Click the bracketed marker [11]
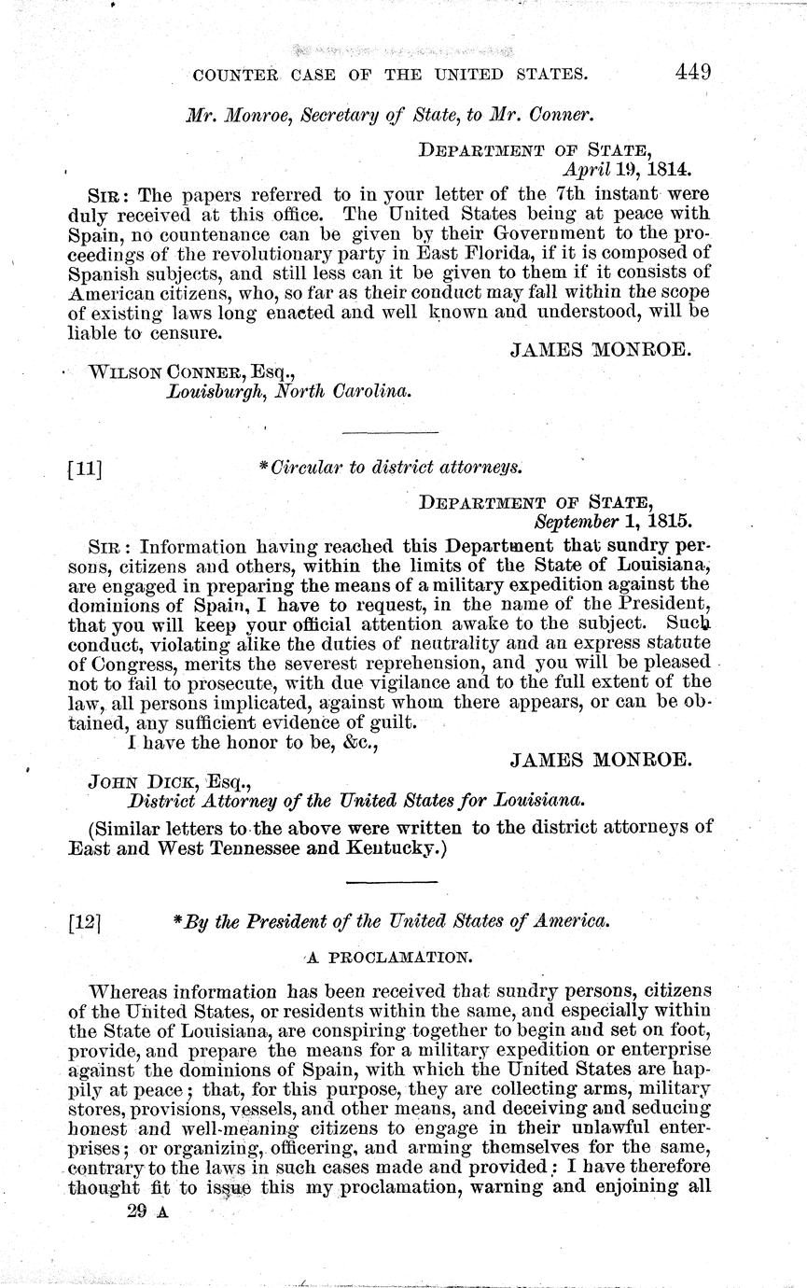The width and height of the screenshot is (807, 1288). [85, 469]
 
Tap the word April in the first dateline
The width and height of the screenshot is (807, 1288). [585, 170]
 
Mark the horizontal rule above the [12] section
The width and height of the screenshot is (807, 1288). [391, 881]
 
